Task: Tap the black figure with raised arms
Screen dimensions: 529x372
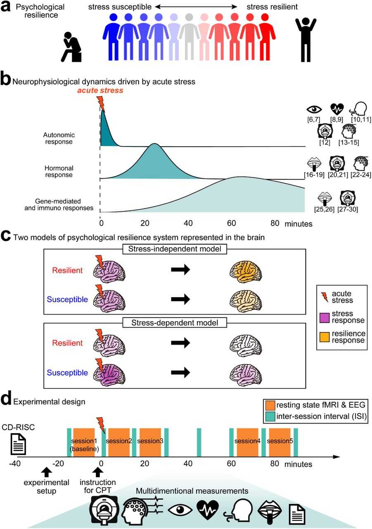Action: pos(306,39)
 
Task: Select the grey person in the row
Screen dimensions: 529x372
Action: pos(189,38)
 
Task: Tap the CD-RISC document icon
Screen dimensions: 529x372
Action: pos(17,444)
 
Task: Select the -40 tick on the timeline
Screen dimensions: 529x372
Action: pos(15,464)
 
